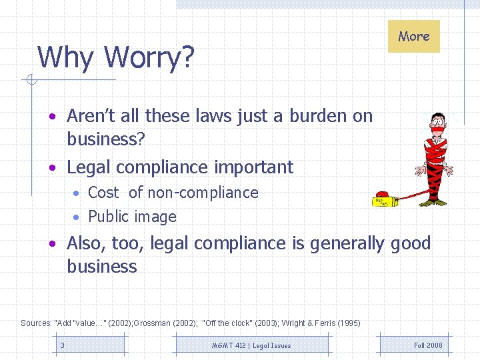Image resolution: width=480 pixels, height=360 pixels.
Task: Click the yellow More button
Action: (414, 36)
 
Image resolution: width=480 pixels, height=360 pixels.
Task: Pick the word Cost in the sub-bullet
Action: (103, 193)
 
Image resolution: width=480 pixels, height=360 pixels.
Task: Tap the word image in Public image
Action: (155, 217)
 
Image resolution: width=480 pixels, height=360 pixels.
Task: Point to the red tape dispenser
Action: (383, 199)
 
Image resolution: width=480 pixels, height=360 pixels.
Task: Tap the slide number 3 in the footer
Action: (63, 345)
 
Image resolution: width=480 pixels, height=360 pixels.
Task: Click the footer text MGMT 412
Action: (229, 345)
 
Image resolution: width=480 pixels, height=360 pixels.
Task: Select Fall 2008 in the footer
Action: (428, 345)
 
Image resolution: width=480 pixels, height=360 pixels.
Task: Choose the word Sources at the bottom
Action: (35, 323)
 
